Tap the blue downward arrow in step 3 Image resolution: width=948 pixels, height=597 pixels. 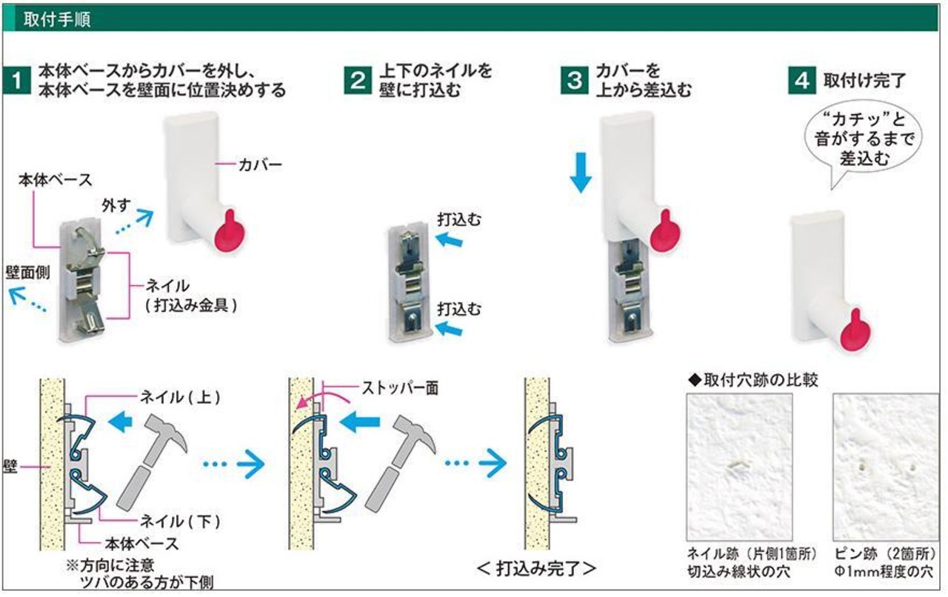(x=582, y=173)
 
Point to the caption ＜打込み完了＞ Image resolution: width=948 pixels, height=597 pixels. (x=536, y=569)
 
